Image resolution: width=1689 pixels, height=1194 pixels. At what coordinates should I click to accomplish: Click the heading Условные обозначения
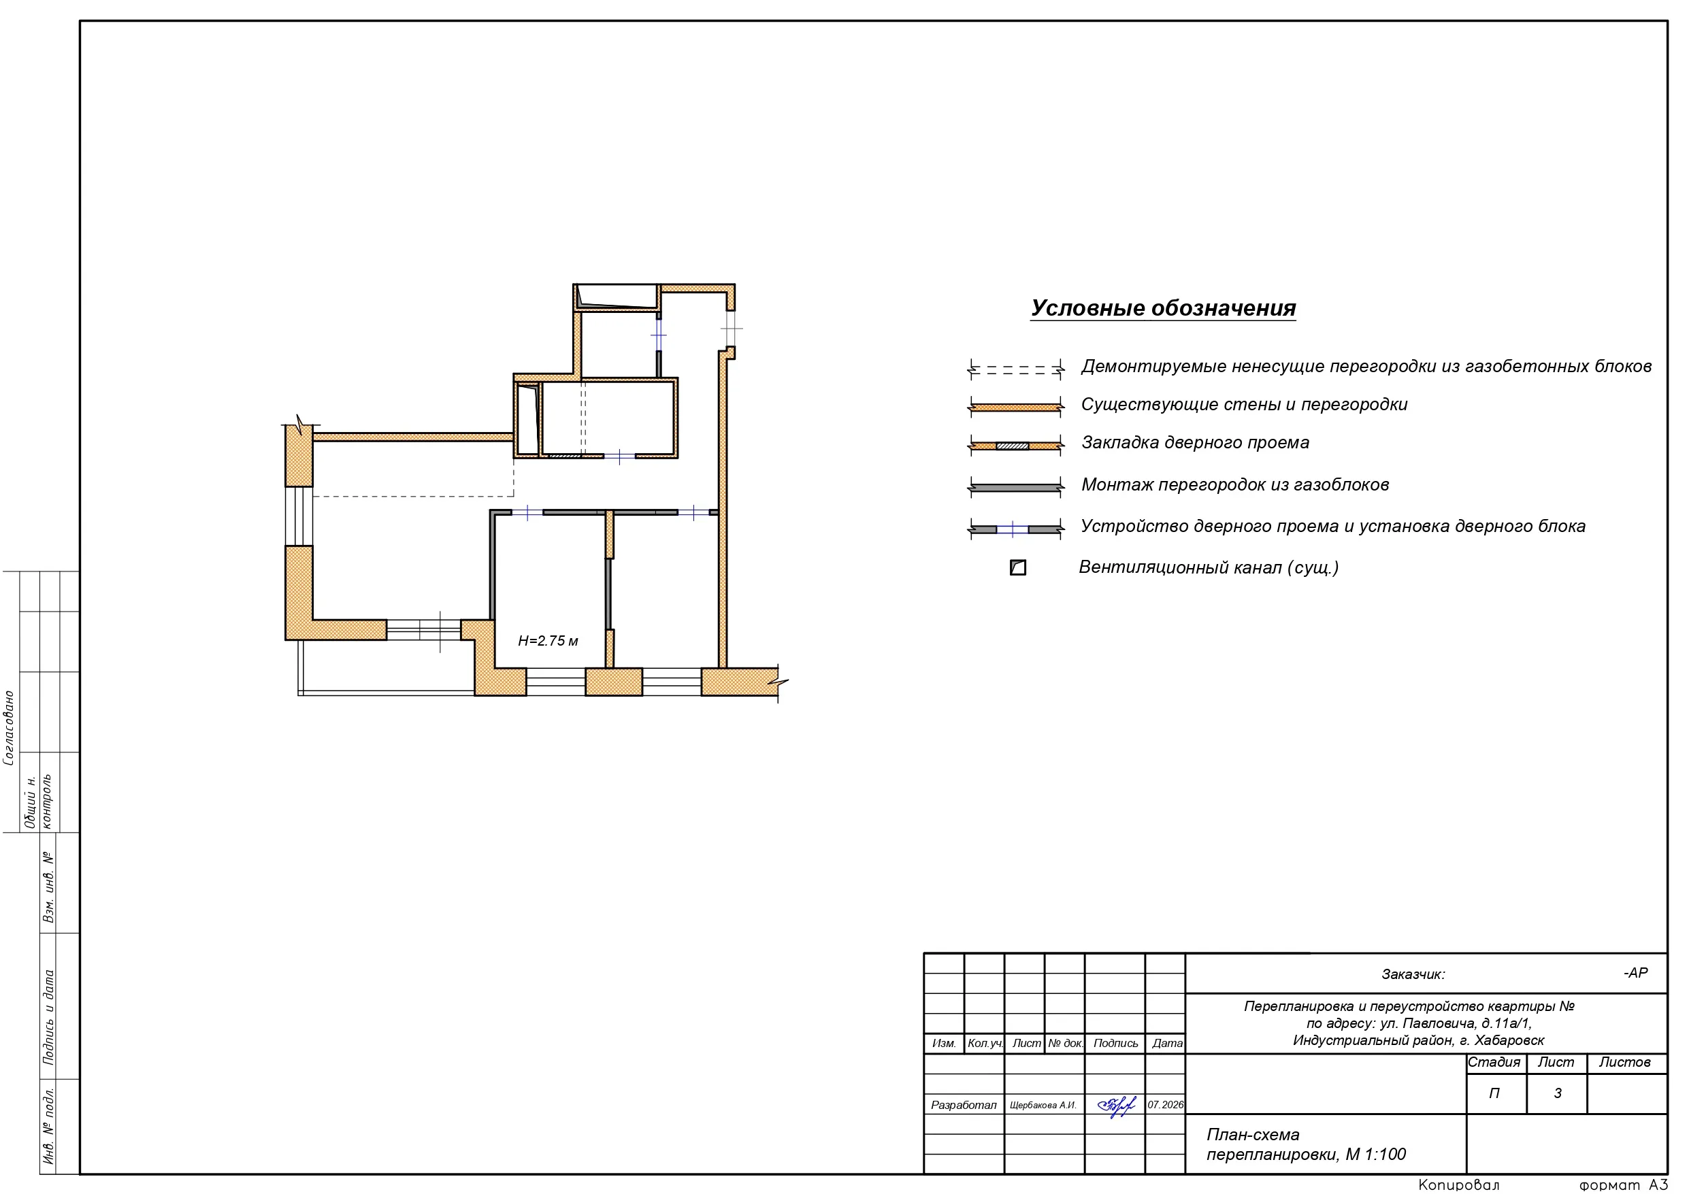pos(1163,308)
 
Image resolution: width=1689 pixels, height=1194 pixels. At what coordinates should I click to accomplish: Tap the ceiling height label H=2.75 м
pos(548,641)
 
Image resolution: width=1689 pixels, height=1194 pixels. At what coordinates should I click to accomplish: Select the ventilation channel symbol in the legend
pos(1018,567)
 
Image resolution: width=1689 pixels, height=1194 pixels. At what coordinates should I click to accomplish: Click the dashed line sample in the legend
pos(1016,369)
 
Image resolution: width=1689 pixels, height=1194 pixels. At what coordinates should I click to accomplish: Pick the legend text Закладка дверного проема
pos(1196,443)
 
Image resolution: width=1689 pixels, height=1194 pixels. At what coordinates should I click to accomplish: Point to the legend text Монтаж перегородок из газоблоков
pos(1235,485)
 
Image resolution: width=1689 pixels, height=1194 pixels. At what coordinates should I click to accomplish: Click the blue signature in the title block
pos(1116,1105)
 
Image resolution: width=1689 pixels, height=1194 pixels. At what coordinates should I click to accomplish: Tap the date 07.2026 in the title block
pos(1166,1105)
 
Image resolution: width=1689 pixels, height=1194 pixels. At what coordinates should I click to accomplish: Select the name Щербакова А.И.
pos(1043,1105)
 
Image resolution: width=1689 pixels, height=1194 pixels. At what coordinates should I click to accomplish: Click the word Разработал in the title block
pos(964,1105)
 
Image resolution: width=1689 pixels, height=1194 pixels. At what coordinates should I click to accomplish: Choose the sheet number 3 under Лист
pos(1557,1093)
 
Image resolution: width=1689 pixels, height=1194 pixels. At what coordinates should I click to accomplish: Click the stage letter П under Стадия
pos(1495,1093)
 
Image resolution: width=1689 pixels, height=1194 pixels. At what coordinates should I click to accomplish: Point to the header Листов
pos(1624,1062)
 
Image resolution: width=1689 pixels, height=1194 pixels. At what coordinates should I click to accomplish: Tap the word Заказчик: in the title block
pos(1413,975)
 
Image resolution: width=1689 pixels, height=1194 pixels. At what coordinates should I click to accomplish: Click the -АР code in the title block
pos(1636,973)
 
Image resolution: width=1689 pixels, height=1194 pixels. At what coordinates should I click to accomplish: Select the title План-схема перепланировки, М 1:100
pos(1307,1145)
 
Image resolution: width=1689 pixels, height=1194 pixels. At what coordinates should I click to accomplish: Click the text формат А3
pos(1624,1184)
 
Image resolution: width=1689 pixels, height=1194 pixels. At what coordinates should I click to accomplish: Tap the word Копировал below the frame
pos(1459,1185)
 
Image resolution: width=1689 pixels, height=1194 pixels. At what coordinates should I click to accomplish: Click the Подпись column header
pos(1115,1043)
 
